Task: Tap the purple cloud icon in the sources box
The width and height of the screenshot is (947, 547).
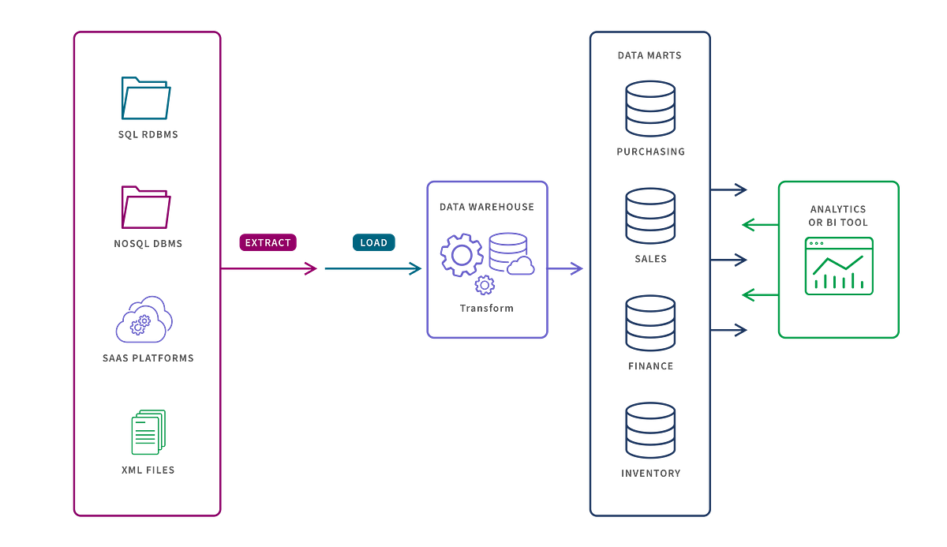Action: [x=144, y=319]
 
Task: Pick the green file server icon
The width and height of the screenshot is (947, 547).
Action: [x=148, y=432]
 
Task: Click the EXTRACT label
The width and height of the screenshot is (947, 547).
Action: [x=268, y=242]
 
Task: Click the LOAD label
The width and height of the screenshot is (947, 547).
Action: [x=373, y=242]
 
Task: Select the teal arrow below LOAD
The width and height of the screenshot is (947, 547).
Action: [x=373, y=269]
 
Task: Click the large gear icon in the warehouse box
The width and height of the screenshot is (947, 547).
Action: [x=461, y=254]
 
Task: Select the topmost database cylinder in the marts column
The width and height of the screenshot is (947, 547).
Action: [x=650, y=108]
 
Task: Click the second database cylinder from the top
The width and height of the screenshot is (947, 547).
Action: [x=650, y=215]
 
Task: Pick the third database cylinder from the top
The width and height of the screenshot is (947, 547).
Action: [x=650, y=323]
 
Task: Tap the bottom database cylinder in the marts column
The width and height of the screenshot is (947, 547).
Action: [x=650, y=430]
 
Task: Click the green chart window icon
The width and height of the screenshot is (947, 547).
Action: [x=838, y=266]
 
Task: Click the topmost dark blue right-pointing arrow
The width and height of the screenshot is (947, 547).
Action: [x=729, y=189]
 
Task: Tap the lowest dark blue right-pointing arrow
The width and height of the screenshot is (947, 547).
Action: [x=729, y=330]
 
